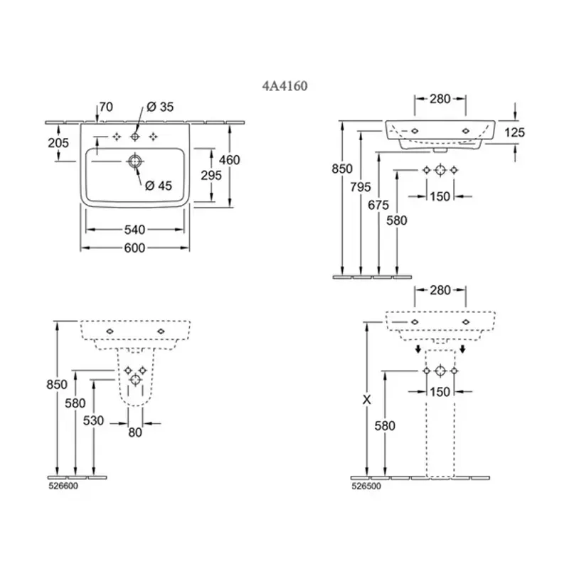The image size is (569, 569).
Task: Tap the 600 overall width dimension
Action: click(134, 248)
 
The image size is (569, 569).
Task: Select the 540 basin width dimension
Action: click(134, 229)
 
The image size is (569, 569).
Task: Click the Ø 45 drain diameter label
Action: click(159, 186)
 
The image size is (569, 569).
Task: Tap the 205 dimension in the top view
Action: click(59, 143)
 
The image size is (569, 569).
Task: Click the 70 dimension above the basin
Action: click(106, 107)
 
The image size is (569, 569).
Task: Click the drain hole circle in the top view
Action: click(134, 161)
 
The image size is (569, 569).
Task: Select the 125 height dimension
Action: click(515, 132)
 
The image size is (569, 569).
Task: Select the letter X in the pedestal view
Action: click(367, 400)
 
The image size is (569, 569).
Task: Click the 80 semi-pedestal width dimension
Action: click(135, 431)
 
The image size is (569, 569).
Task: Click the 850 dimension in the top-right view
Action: click(343, 169)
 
